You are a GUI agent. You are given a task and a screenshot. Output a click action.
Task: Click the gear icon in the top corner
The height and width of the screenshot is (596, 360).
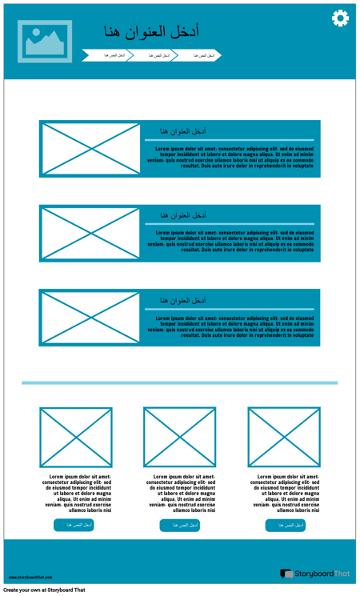click(x=340, y=18)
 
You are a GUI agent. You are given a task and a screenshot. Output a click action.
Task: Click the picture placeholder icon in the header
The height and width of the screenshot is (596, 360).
click(x=45, y=42)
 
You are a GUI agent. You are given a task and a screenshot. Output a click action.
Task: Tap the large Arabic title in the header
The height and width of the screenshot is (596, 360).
click(x=151, y=31)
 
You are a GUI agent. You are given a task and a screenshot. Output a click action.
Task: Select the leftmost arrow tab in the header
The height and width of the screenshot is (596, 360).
click(x=107, y=55)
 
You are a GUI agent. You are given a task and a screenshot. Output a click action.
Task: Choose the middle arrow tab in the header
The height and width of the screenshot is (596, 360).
click(x=152, y=55)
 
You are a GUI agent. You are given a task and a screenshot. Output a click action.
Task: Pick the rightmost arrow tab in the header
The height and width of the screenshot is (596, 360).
click(x=197, y=55)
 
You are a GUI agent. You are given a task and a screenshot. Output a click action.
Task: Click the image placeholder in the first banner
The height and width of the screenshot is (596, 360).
click(x=90, y=149)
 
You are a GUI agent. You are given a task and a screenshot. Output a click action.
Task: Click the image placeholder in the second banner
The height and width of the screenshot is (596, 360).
click(x=90, y=234)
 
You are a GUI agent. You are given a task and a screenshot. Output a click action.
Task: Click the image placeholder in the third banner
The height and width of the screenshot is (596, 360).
click(x=90, y=318)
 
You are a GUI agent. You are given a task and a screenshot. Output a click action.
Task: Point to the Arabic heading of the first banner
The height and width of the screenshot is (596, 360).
click(x=183, y=131)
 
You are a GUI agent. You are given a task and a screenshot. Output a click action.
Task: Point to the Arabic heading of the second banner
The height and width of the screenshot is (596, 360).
click(x=183, y=215)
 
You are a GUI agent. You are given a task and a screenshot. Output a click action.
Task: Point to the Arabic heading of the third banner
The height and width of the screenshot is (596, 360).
click(x=183, y=300)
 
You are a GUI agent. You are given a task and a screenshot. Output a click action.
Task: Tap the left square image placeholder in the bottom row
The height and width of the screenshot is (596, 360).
click(x=76, y=438)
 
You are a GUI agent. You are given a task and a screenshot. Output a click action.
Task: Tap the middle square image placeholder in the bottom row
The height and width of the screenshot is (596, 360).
click(x=180, y=438)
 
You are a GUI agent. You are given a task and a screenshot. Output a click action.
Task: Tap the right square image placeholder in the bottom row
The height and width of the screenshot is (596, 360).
click(x=284, y=438)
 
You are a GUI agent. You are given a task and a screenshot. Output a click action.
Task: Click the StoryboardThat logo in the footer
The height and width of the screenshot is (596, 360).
click(x=315, y=574)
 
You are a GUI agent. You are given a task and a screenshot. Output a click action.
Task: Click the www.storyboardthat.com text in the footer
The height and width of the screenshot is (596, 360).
click(x=31, y=577)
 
